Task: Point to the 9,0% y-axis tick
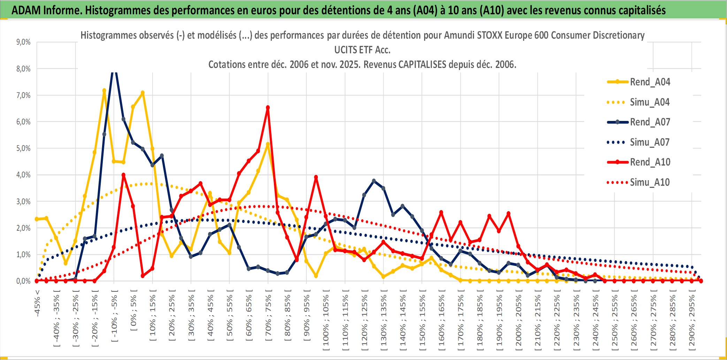coord(23,42)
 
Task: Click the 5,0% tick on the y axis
coord(23,148)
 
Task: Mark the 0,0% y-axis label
coord(23,281)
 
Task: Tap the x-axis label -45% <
coord(37,303)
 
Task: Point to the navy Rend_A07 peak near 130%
coord(374,181)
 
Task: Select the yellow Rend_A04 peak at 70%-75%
coord(268,144)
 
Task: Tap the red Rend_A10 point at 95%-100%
coord(316,177)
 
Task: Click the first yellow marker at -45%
coord(37,219)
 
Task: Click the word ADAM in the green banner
coord(26,10)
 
